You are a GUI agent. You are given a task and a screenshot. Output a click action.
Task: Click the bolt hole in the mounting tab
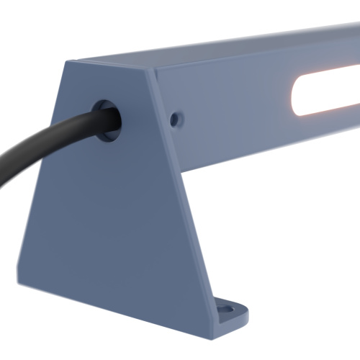pyautogui.click(x=228, y=310)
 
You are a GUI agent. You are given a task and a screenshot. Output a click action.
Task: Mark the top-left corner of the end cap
pyautogui.click(x=67, y=61)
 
